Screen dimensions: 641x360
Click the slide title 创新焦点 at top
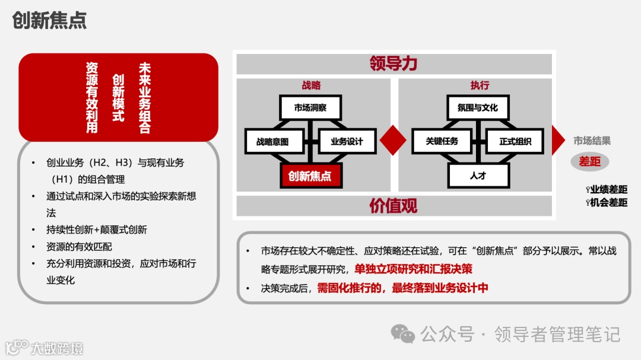(x=49, y=20)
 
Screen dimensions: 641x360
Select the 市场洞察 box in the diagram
(x=310, y=108)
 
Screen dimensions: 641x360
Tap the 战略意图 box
(x=272, y=142)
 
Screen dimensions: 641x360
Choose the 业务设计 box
(x=347, y=142)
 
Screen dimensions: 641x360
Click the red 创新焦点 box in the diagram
(x=310, y=176)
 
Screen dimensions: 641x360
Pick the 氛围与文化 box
(x=478, y=108)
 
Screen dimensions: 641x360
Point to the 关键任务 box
(x=442, y=142)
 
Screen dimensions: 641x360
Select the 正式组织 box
(x=515, y=142)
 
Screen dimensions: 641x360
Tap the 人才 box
(x=478, y=176)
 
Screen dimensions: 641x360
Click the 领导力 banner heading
(x=394, y=63)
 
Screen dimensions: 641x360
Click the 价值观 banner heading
(x=394, y=205)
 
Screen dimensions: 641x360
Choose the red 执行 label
(x=480, y=85)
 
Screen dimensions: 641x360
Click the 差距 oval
(x=590, y=161)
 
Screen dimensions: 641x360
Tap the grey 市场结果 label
(x=592, y=141)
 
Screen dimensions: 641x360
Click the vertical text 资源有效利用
(x=92, y=97)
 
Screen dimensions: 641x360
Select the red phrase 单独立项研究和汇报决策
(x=413, y=269)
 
